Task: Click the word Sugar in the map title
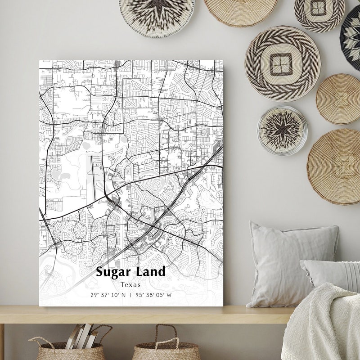[x=112, y=272]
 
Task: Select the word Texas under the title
[x=130, y=284]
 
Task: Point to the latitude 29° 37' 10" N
[x=108, y=296]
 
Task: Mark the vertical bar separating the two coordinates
[x=130, y=296]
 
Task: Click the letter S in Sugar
[x=100, y=272]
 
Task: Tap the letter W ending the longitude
[x=169, y=296]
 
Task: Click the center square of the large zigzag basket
[x=282, y=64]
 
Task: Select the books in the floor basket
[x=81, y=335]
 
